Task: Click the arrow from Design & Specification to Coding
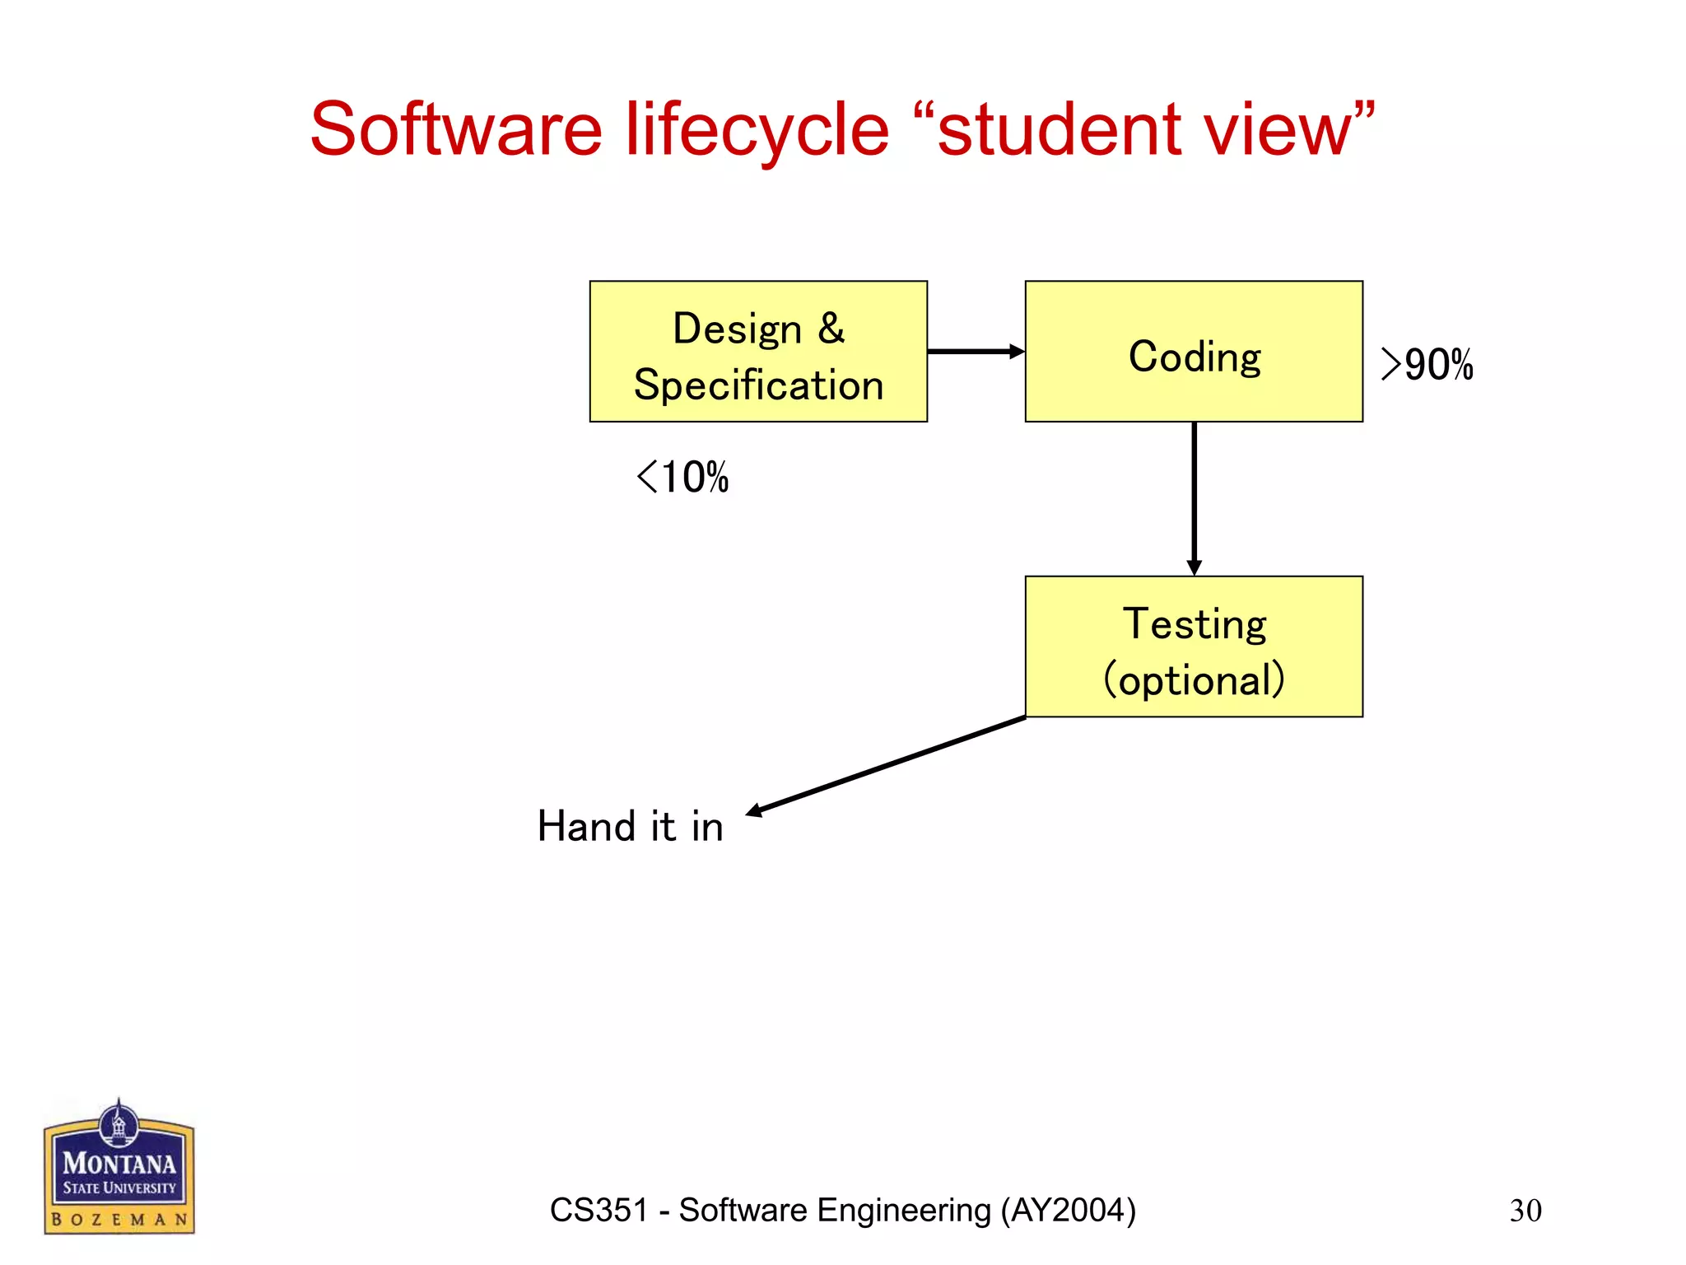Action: [975, 352]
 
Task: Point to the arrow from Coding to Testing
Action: [1194, 497]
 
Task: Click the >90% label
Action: [1427, 364]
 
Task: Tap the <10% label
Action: [682, 477]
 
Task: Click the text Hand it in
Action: [630, 826]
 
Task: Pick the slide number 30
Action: [1525, 1211]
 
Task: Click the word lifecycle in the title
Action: [757, 130]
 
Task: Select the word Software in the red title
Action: [456, 130]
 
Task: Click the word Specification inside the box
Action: [758, 385]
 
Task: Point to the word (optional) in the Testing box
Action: [1194, 680]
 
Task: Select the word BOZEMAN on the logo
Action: [119, 1219]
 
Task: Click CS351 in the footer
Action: [598, 1211]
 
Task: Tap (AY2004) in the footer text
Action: [1068, 1211]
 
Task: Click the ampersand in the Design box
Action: [831, 328]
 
